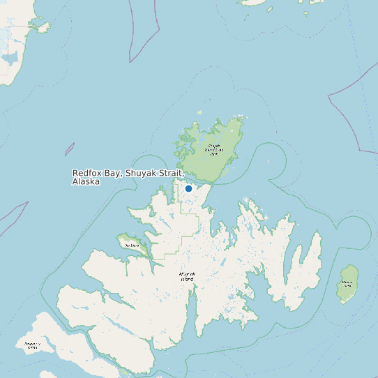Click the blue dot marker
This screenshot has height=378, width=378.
(188, 188)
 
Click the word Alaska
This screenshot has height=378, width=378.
(86, 181)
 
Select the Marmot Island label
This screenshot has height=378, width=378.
(347, 284)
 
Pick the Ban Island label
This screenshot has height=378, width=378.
(130, 245)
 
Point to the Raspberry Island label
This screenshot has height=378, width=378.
(31, 345)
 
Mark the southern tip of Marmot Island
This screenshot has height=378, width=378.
(343, 301)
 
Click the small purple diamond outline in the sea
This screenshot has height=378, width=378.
(70, 149)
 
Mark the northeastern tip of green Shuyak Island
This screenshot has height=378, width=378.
(242, 117)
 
